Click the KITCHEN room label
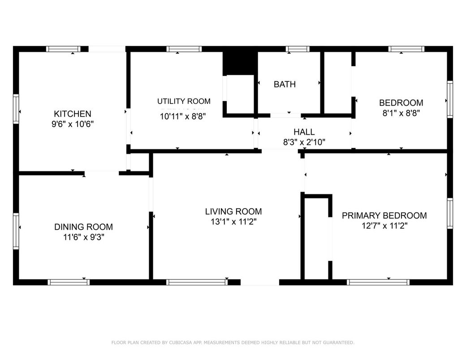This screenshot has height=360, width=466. click(72, 114)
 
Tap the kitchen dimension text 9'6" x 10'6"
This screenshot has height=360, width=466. click(72, 124)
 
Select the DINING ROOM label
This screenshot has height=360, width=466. click(83, 227)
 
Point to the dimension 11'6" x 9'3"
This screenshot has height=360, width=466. click(83, 237)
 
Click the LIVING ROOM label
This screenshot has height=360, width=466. click(233, 211)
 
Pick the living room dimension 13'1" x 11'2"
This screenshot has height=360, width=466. click(233, 222)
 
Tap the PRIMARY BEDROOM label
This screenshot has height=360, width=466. click(384, 216)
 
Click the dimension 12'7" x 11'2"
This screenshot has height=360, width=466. click(384, 226)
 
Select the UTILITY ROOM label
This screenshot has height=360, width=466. click(184, 101)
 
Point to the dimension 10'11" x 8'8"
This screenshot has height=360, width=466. click(184, 116)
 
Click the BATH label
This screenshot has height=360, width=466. click(285, 84)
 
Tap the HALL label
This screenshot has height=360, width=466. click(304, 132)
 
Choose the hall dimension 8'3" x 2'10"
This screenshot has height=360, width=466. click(304, 142)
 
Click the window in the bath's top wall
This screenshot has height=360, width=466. click(298, 49)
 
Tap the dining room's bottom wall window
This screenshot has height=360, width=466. click(69, 282)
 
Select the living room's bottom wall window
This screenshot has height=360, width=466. click(197, 282)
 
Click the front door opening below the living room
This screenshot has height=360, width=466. click(259, 282)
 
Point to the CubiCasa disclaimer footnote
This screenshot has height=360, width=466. click(233, 343)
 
